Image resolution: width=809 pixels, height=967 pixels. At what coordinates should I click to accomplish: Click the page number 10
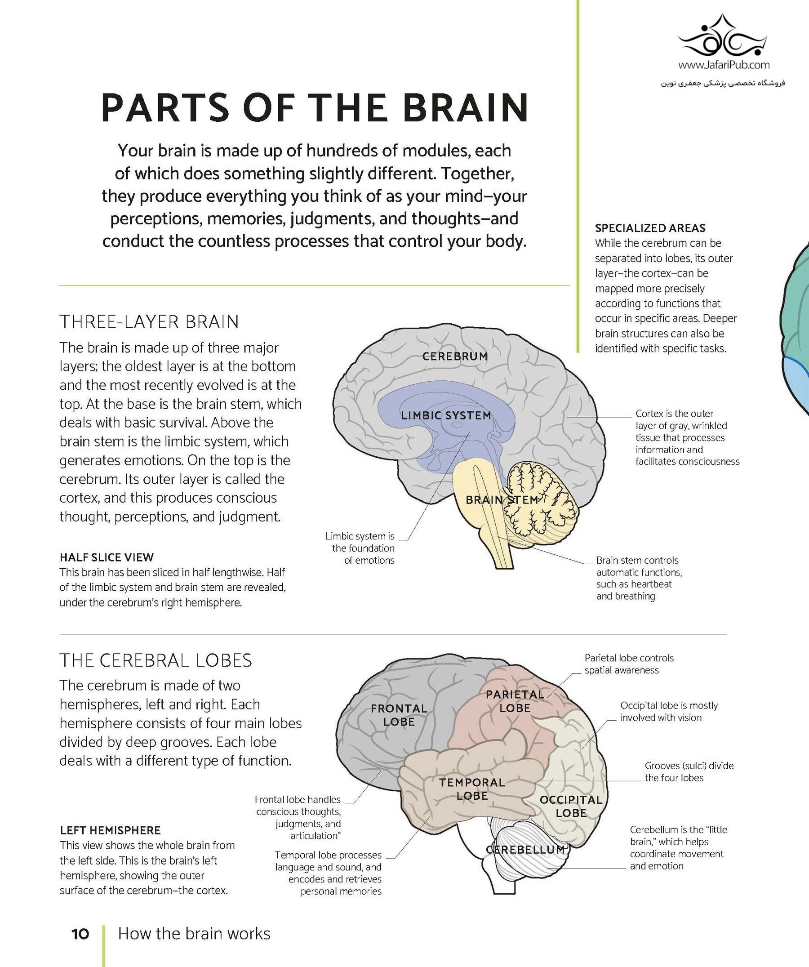80,934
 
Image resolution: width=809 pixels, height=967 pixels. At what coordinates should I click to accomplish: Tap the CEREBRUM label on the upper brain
455,356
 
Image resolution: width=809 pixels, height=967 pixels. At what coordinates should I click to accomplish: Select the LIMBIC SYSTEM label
446,415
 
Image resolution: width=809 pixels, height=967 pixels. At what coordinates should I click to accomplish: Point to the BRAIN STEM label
502,499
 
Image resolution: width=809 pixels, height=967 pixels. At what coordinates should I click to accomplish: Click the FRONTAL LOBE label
399,715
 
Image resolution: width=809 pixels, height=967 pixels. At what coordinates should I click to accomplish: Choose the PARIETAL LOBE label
515,701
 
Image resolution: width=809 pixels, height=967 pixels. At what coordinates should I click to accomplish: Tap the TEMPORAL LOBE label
472,789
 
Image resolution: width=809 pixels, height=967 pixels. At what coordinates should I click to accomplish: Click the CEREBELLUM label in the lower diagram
525,850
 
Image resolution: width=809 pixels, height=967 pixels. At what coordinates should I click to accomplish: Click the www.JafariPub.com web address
724,65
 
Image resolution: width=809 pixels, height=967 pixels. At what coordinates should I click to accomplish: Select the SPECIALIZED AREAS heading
650,228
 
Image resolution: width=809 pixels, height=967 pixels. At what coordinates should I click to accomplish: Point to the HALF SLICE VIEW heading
107,557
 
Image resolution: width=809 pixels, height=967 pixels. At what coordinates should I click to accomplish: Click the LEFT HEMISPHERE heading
110,830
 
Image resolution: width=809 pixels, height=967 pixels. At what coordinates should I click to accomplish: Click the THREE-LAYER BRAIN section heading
149,322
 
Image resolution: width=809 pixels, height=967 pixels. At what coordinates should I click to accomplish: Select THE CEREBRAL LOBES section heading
156,660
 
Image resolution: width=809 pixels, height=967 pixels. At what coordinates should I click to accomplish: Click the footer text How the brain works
194,934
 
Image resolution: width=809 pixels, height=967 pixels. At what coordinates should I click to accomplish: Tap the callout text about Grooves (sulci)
689,772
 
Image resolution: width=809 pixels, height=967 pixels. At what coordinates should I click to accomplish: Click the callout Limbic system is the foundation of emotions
360,548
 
